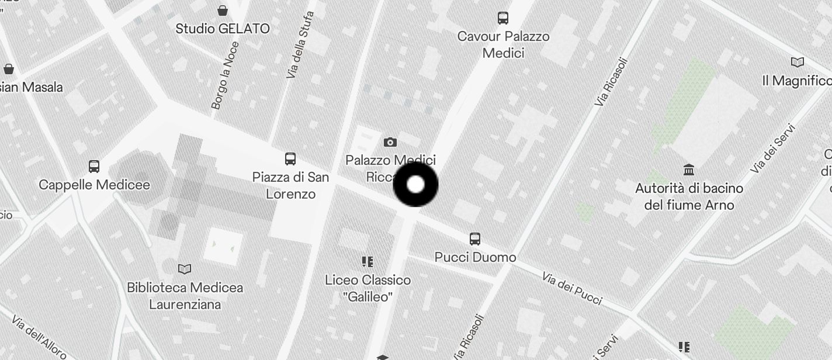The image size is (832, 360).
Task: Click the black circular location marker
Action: click(415, 185)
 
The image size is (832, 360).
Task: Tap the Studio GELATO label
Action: click(223, 29)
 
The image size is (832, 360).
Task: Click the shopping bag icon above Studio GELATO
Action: click(223, 11)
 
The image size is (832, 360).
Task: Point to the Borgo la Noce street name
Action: click(225, 84)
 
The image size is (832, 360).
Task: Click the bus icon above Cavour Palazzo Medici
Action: click(503, 18)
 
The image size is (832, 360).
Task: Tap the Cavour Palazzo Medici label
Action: click(503, 44)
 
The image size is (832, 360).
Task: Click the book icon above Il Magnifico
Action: click(797, 62)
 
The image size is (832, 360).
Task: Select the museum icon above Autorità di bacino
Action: click(689, 170)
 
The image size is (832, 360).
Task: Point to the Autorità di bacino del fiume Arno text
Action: click(689, 196)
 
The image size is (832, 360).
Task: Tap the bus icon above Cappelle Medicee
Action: click(94, 167)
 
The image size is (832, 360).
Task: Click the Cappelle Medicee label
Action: click(94, 185)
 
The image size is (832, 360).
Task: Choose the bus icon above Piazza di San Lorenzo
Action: click(290, 158)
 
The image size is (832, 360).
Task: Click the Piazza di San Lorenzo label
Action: click(290, 185)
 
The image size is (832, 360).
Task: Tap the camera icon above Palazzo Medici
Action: click(390, 142)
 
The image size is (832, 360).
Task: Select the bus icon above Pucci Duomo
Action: click(475, 238)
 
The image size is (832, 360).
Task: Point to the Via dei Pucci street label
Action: click(572, 288)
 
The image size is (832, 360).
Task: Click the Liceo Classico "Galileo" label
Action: click(368, 288)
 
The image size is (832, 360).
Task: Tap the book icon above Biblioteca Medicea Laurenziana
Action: click(185, 269)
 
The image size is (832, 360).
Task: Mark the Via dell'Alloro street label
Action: click(39, 337)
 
